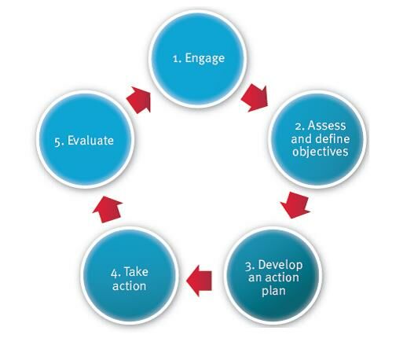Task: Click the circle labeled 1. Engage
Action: [197, 59]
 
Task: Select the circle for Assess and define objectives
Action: [317, 139]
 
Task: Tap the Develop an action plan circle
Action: [273, 276]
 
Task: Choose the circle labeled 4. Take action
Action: [130, 276]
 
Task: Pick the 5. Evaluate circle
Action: [86, 140]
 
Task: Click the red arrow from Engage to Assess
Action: [255, 97]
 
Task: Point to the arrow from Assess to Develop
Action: [295, 204]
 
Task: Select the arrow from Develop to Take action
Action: [199, 281]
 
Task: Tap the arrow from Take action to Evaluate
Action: [108, 209]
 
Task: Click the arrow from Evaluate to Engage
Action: [139, 100]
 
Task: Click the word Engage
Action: [205, 58]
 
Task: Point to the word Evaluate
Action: [90, 141]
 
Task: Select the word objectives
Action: [320, 152]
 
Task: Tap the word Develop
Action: [280, 266]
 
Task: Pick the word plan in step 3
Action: [273, 291]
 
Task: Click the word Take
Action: [136, 272]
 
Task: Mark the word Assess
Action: [327, 126]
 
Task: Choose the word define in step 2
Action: [332, 138]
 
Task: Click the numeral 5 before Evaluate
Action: [57, 141]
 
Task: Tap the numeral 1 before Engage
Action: [176, 59]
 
